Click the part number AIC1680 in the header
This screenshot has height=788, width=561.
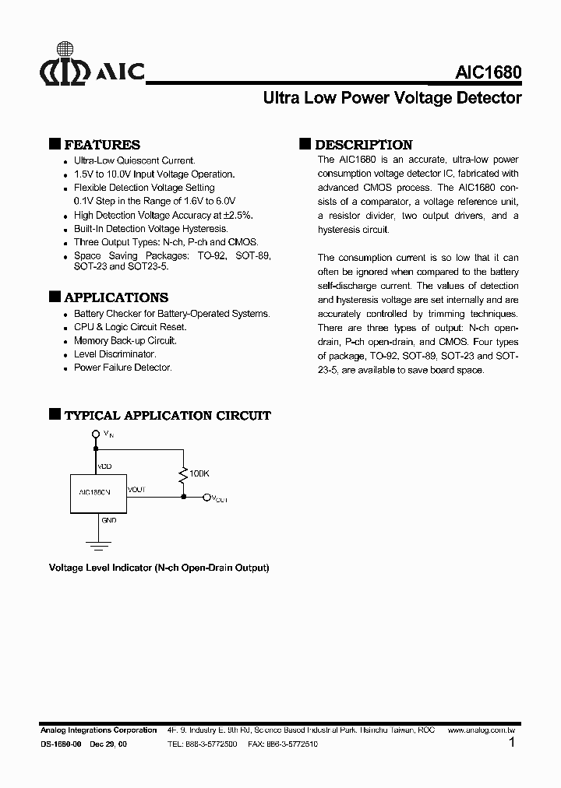[488, 73]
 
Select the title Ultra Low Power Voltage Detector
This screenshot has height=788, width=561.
[392, 99]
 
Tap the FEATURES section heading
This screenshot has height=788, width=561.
[101, 145]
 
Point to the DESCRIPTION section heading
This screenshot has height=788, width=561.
[363, 145]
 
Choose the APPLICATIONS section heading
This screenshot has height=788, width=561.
[115, 297]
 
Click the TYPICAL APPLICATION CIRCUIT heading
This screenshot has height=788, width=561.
[167, 416]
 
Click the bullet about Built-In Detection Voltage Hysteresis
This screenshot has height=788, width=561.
[150, 229]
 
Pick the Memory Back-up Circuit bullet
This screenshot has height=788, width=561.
[125, 340]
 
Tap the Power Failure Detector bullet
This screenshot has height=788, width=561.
[122, 368]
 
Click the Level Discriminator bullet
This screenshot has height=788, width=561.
[115, 354]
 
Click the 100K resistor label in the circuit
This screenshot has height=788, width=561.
[199, 473]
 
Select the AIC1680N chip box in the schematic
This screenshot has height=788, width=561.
[95, 492]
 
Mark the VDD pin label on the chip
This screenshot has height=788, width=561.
[104, 466]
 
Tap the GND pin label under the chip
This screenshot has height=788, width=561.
[108, 519]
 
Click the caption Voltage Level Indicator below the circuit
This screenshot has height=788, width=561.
[159, 568]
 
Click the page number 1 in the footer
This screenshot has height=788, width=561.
[511, 743]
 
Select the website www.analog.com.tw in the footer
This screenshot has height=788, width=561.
[485, 730]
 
